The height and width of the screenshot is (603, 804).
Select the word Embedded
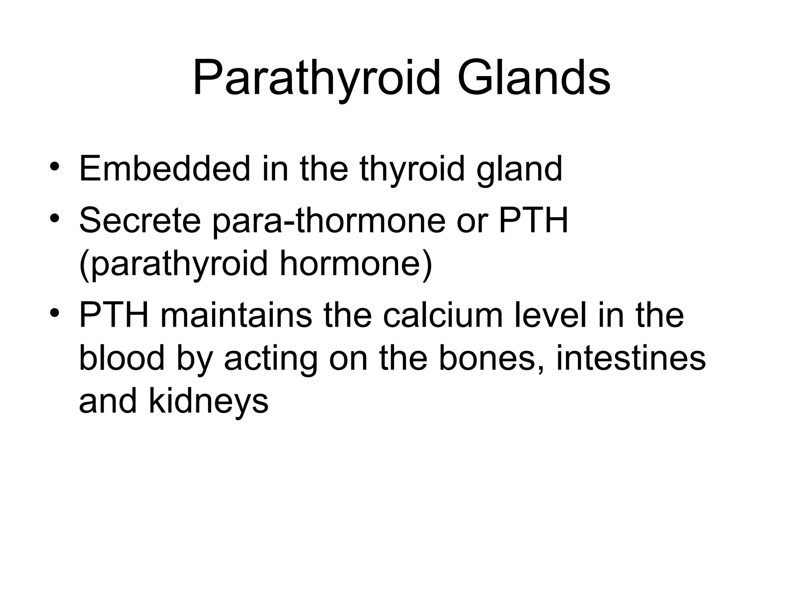[x=164, y=169]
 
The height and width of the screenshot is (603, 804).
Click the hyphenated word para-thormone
[x=329, y=221]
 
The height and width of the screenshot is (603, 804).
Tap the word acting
[x=271, y=359]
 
